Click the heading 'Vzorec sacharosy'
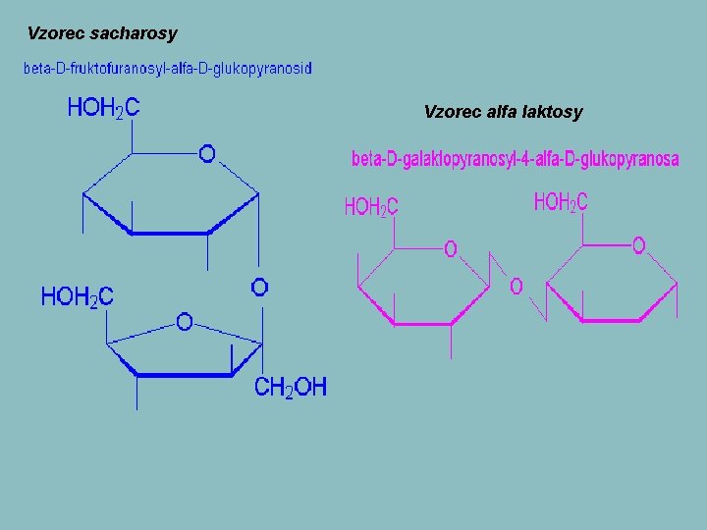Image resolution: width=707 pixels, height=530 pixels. tap(102, 33)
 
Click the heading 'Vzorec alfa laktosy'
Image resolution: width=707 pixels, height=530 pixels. tap(503, 112)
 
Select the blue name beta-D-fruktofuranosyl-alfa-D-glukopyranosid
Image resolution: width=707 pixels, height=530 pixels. tap(168, 69)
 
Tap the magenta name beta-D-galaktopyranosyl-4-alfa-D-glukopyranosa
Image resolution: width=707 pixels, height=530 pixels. tap(515, 159)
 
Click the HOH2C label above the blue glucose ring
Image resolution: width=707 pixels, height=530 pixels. tap(103, 108)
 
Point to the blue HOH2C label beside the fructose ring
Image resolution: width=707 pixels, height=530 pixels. tap(77, 295)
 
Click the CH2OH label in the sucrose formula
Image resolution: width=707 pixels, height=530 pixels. tap(291, 388)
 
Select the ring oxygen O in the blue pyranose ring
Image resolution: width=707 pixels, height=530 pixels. tap(207, 153)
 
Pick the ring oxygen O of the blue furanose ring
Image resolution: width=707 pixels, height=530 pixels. tap(184, 321)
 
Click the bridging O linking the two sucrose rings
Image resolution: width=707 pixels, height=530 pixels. tap(259, 287)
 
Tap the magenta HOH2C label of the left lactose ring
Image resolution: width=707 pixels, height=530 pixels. tap(370, 207)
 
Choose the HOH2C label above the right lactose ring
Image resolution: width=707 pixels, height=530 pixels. tap(561, 203)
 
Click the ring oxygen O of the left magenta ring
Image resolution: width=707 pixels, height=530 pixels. tap(450, 249)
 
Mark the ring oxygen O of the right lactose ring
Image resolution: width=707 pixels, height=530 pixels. tap(638, 245)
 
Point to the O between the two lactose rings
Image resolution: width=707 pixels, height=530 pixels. tap(516, 287)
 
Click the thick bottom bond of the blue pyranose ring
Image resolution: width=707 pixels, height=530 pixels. tap(169, 234)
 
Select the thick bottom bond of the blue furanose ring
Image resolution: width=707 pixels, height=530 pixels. tap(184, 374)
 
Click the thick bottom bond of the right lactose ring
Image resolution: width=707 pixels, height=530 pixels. tap(611, 320)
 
